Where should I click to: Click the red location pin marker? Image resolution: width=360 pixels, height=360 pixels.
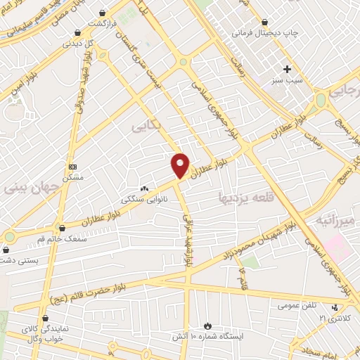coord(181,165)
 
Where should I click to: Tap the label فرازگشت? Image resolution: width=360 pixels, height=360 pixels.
coord(101,23)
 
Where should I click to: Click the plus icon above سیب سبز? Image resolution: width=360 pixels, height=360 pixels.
coord(286,69)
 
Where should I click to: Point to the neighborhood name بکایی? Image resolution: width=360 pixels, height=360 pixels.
coord(145,125)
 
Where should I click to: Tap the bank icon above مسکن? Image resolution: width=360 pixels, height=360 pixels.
coord(73,167)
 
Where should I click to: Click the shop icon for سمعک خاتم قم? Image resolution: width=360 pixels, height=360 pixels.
coord(63,229)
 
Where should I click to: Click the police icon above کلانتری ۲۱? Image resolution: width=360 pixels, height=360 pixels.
coord(335,307)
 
